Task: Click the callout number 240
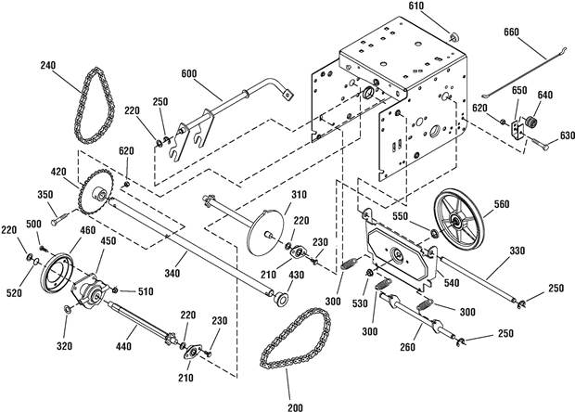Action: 48,66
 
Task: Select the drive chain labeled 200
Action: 263,355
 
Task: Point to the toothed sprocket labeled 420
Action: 82,194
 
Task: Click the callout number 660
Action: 511,32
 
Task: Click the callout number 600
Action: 189,74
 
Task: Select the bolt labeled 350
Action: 59,219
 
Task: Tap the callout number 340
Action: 172,274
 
